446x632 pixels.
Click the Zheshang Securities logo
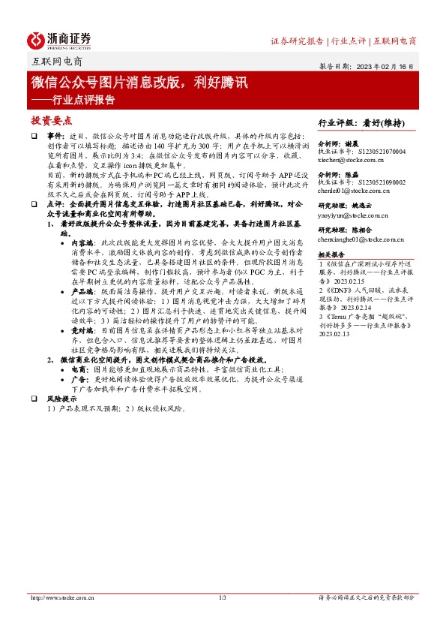(x=59, y=40)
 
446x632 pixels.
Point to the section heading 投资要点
(x=51, y=120)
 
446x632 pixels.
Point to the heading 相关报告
(x=331, y=254)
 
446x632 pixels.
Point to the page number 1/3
(x=223, y=597)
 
